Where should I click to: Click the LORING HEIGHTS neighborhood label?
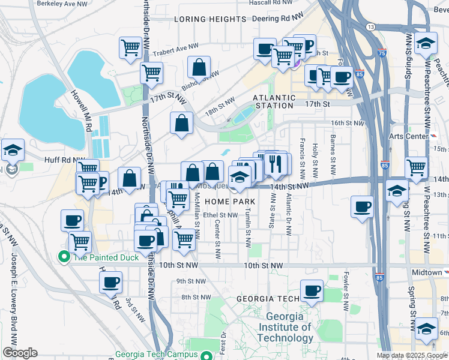(202, 19)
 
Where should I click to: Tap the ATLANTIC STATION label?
(274, 101)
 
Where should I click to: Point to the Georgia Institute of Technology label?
(285, 327)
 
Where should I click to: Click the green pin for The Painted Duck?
(64, 257)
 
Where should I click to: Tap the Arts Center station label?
(408, 136)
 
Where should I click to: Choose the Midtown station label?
(427, 272)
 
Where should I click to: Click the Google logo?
(20, 353)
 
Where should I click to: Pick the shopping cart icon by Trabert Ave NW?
(130, 47)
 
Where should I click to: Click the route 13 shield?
(372, 28)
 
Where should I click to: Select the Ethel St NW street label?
(220, 215)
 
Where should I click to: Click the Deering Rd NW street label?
(277, 19)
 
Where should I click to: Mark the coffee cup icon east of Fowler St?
(361, 207)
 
